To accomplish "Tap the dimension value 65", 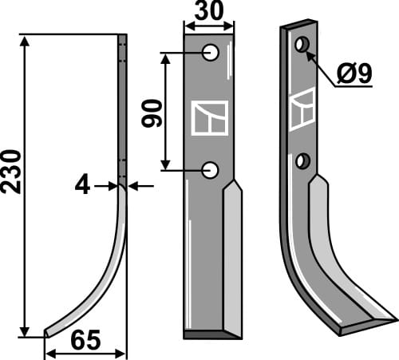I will tap(85, 341).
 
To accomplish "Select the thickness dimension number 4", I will tap(83, 186).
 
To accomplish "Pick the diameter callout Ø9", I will tap(353, 74).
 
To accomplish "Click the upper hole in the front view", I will tap(211, 53).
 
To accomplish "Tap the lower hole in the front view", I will tap(211, 169).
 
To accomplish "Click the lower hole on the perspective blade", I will tap(302, 162).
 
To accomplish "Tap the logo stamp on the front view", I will tap(210, 117).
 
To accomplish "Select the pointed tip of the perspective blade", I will tap(391, 320).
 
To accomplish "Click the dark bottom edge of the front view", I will tap(209, 331).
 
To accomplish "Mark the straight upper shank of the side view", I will tap(122, 104).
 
